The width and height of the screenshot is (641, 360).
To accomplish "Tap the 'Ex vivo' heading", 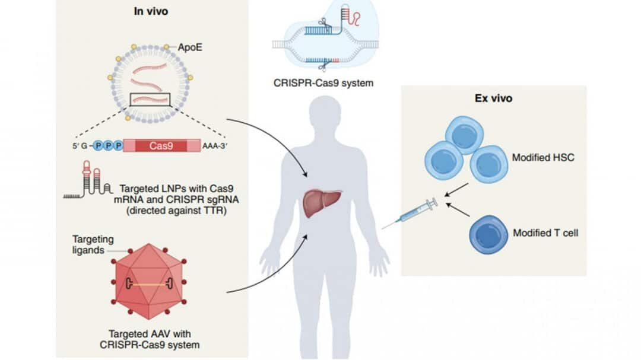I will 494,98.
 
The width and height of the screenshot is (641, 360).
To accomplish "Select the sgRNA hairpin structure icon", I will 92,180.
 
